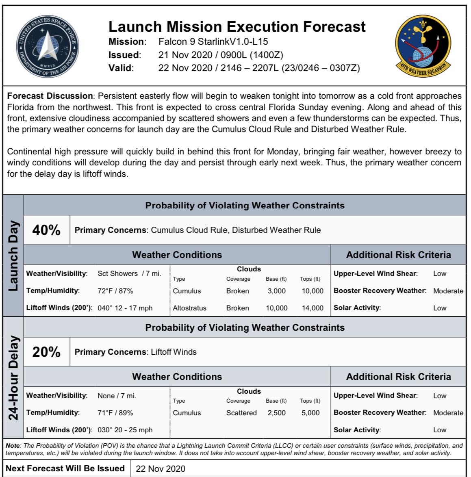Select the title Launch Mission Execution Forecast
tap(237, 27)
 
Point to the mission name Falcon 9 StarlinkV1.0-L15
tap(213, 42)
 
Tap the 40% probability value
tap(46, 230)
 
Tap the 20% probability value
tap(46, 352)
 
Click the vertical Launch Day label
tap(13, 256)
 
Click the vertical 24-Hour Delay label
tap(13, 378)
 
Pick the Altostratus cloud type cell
tap(189, 308)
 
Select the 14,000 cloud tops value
tap(312, 308)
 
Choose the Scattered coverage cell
tap(241, 413)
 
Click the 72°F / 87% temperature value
tap(115, 291)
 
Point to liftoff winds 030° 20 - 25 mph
tap(125, 430)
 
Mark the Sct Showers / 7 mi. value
tap(129, 273)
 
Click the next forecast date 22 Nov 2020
tap(161, 468)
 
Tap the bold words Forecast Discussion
tap(50, 96)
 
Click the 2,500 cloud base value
tap(276, 413)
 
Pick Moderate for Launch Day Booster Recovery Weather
tap(448, 291)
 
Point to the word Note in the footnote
tap(12, 446)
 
